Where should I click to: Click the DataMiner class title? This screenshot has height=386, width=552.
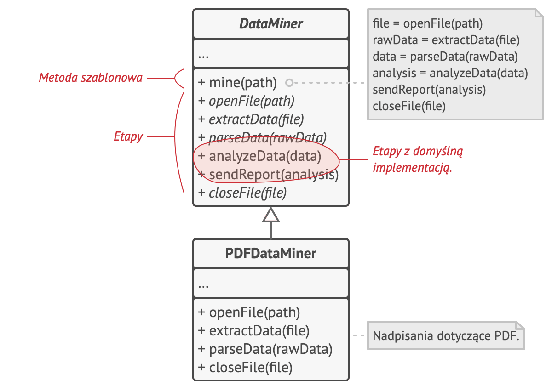pyautogui.click(x=270, y=24)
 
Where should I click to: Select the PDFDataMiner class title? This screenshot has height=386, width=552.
pyautogui.click(x=270, y=253)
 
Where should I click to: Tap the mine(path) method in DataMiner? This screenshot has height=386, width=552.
pyautogui.click(x=237, y=83)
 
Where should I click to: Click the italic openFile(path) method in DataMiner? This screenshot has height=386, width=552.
pyautogui.click(x=246, y=101)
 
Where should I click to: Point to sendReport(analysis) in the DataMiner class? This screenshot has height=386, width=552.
pyautogui.click(x=268, y=175)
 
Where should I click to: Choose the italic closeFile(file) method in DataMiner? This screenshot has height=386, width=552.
pyautogui.click(x=242, y=193)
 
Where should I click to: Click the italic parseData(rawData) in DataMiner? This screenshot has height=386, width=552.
pyautogui.click(x=262, y=138)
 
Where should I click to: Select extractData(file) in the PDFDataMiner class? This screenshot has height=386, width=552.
pyautogui.click(x=254, y=331)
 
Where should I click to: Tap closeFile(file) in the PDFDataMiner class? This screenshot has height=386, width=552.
pyautogui.click(x=245, y=367)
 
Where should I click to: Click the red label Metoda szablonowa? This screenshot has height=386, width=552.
pyautogui.click(x=90, y=78)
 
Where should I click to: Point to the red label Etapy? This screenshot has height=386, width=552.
pyautogui.click(x=128, y=136)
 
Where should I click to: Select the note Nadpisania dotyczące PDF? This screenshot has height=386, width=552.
pyautogui.click(x=445, y=335)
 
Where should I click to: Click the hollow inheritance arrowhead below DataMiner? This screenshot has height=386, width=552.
pyautogui.click(x=271, y=216)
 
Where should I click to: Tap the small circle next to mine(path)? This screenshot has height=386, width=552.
pyautogui.click(x=289, y=83)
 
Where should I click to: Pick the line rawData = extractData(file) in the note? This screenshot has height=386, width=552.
pyautogui.click(x=446, y=40)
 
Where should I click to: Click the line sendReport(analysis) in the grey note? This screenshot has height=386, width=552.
pyautogui.click(x=429, y=90)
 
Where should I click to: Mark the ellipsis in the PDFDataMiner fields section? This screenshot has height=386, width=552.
pyautogui.click(x=203, y=285)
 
